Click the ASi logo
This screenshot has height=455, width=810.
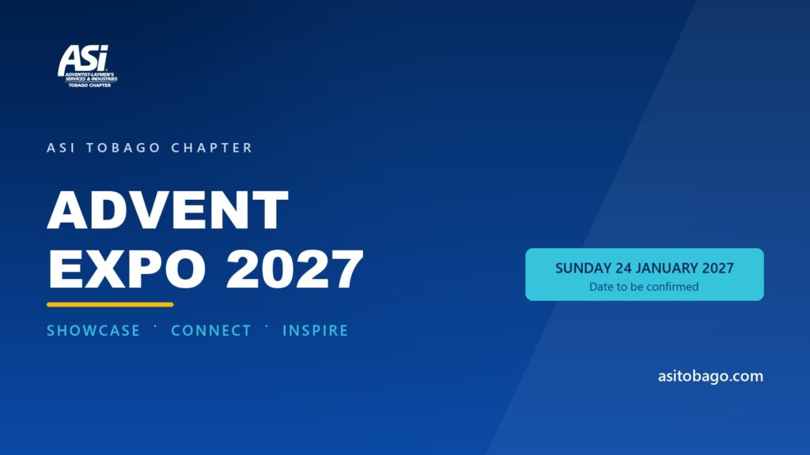pyautogui.click(x=87, y=66)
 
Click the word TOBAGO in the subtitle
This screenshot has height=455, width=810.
pyautogui.click(x=123, y=148)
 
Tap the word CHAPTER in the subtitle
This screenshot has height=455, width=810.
pyautogui.click(x=212, y=148)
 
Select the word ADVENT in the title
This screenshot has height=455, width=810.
pyautogui.click(x=168, y=209)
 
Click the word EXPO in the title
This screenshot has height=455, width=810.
pyautogui.click(x=127, y=269)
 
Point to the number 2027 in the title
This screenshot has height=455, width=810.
pyautogui.click(x=295, y=269)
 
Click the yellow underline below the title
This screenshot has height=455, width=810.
pyautogui.click(x=110, y=305)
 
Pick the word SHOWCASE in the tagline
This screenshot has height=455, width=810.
pyautogui.click(x=93, y=331)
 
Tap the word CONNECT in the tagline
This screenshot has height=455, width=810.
pyautogui.click(x=211, y=331)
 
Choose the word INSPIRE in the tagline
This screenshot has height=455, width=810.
pyautogui.click(x=315, y=331)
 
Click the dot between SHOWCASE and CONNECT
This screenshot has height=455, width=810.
pyautogui.click(x=156, y=326)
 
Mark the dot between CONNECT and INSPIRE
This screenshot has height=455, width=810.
pyautogui.click(x=267, y=326)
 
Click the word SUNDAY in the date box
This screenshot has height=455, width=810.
pyautogui.click(x=583, y=269)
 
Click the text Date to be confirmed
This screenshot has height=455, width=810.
pyautogui.click(x=644, y=287)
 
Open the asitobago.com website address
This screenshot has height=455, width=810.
pyautogui.click(x=710, y=376)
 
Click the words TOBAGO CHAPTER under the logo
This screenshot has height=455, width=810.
pyautogui.click(x=90, y=85)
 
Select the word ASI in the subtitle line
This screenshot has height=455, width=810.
pyautogui.click(x=61, y=148)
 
